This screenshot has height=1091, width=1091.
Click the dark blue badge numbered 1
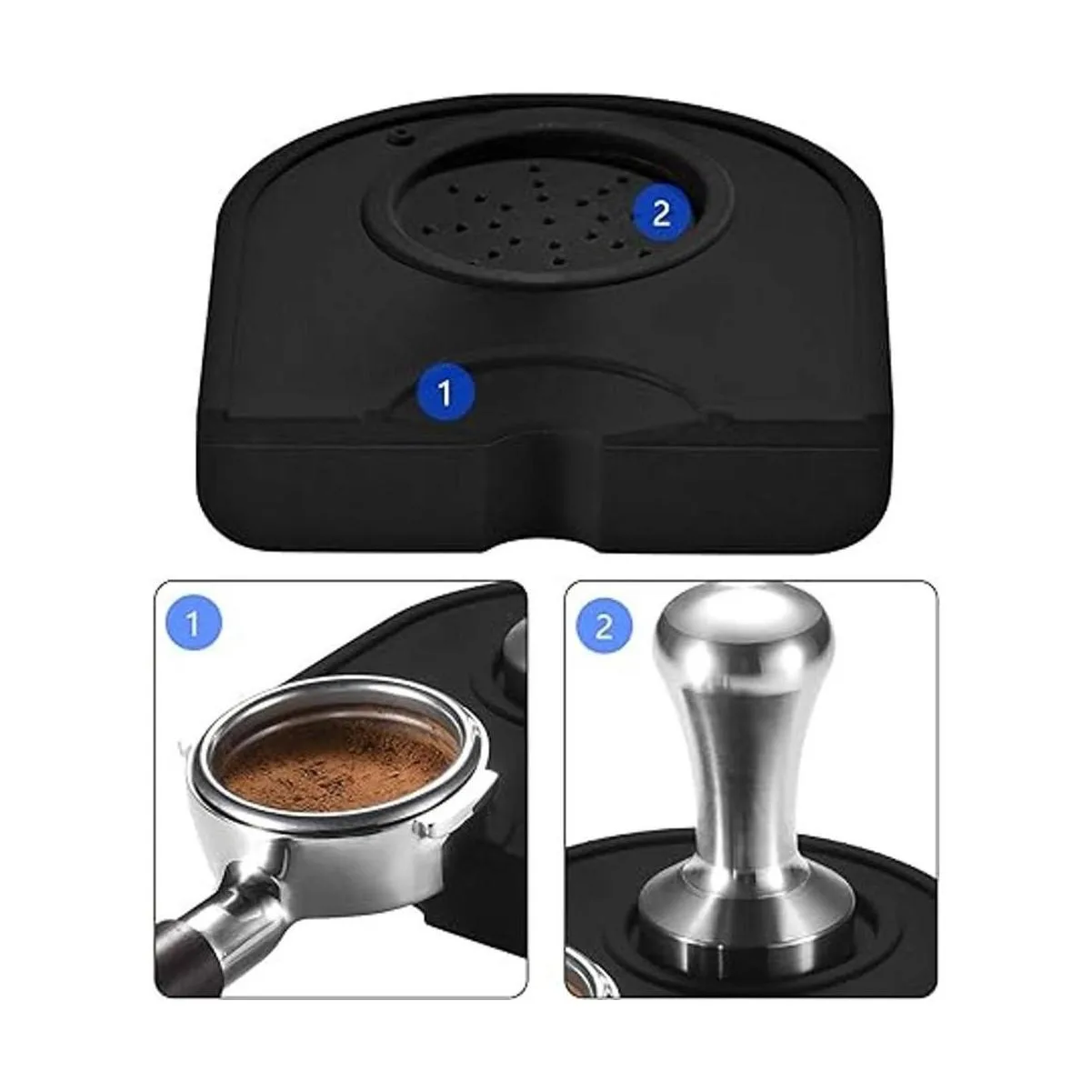tap(445, 393)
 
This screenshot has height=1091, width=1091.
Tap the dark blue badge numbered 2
tap(662, 215)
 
